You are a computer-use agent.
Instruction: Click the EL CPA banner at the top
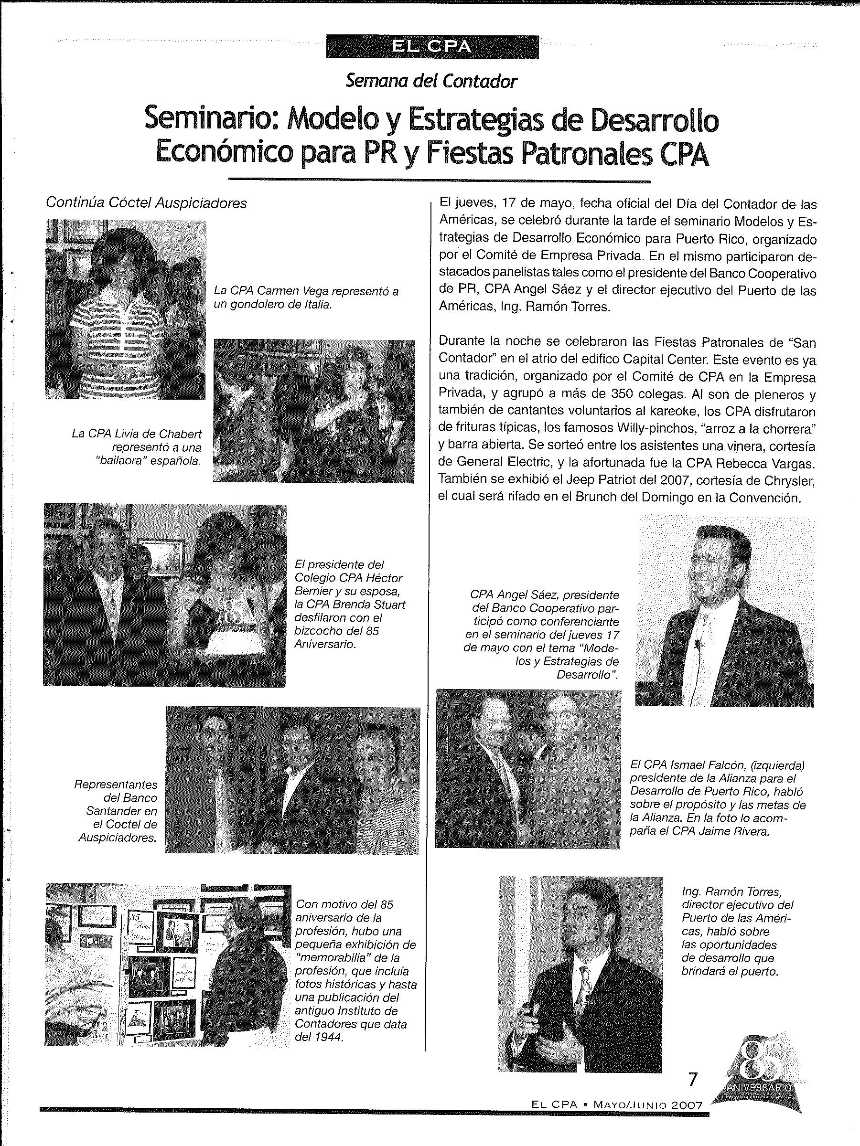[432, 47]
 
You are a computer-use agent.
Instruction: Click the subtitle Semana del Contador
[431, 81]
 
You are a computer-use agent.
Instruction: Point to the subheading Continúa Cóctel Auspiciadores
[146, 202]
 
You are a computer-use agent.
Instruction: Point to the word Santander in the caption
[121, 811]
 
